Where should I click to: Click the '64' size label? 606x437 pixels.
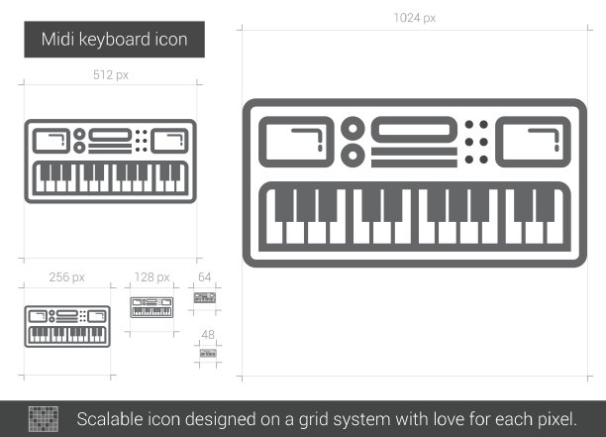(204, 276)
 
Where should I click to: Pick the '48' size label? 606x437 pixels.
(208, 335)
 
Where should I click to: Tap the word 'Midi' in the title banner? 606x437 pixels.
(57, 40)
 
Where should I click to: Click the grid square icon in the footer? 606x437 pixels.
(44, 419)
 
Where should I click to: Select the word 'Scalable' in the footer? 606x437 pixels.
(109, 419)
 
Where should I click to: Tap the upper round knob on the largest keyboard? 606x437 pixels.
(353, 128)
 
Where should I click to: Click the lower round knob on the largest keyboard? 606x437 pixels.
(353, 156)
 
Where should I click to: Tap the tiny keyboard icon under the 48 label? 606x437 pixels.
(208, 353)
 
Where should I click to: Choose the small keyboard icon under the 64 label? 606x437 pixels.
(204, 298)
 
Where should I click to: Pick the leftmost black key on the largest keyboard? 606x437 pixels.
(284, 205)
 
